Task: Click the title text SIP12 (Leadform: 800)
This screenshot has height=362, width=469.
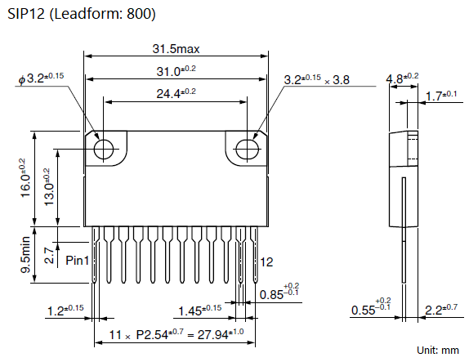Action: tap(82, 14)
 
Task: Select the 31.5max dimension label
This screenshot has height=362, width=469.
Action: tap(176, 49)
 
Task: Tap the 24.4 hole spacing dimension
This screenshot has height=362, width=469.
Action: tap(176, 93)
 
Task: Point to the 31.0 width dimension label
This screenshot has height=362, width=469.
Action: tap(176, 71)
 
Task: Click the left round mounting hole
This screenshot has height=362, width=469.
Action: tap(104, 149)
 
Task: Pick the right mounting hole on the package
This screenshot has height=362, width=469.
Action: tap(247, 149)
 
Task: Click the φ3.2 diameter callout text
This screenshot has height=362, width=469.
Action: tap(41, 78)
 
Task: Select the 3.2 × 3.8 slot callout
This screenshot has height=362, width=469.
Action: tap(317, 79)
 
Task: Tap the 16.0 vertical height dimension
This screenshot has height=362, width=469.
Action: tap(25, 178)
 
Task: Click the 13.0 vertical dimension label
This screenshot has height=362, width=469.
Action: tap(49, 187)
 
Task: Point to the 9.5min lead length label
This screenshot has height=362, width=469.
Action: tap(25, 255)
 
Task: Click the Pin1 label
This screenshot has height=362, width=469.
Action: tap(77, 261)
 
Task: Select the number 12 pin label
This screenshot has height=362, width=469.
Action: tap(266, 262)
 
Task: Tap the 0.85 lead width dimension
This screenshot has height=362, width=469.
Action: tap(279, 291)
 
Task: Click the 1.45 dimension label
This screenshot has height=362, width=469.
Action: tap(200, 311)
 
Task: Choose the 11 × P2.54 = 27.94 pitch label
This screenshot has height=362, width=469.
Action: tap(176, 334)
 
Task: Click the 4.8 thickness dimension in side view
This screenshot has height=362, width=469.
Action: tap(402, 78)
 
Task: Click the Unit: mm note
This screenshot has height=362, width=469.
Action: tap(438, 350)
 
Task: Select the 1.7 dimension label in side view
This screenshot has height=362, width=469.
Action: tap(441, 96)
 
